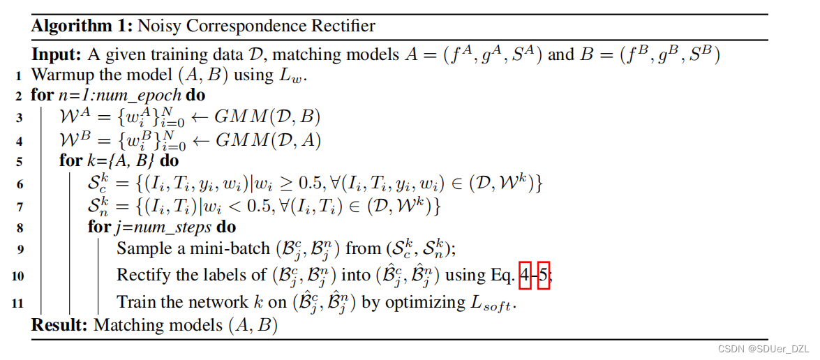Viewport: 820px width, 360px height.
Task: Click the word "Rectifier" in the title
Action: click(342, 27)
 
